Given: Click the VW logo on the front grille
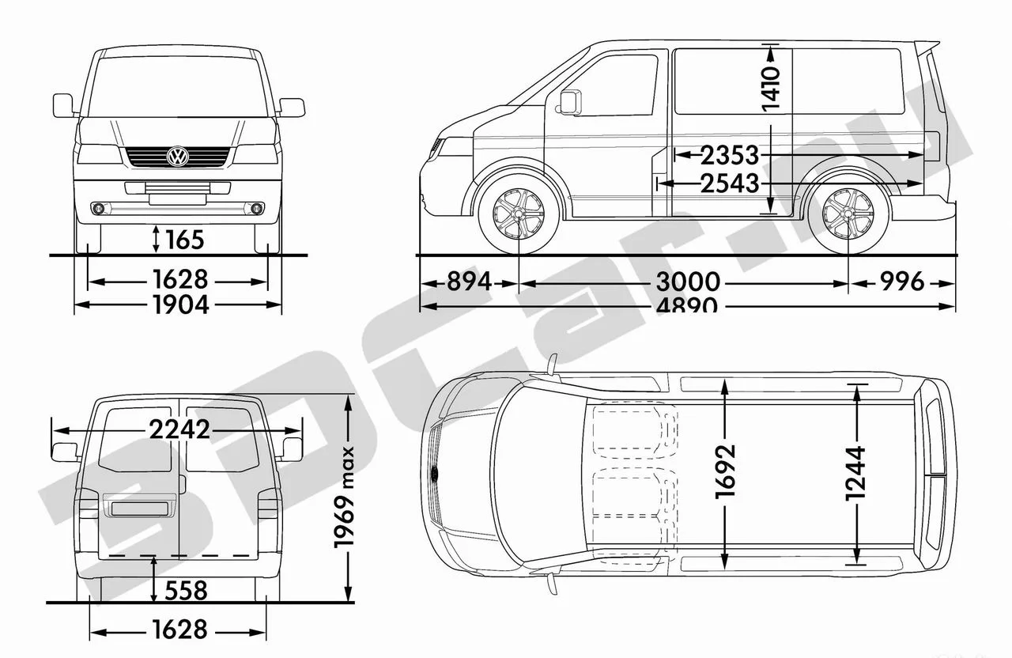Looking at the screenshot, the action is (178, 157).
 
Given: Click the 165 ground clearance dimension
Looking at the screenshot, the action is (185, 240).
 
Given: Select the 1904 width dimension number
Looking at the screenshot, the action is (181, 304).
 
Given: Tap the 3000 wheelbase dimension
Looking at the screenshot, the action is (688, 282).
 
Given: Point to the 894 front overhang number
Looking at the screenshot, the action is (469, 282).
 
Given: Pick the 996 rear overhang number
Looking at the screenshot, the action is (902, 282).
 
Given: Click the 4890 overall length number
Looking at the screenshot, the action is (687, 305).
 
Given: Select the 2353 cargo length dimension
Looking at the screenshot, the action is (730, 156).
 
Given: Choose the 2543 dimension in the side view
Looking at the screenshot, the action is (730, 183).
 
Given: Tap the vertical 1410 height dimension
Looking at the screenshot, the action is (771, 89).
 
